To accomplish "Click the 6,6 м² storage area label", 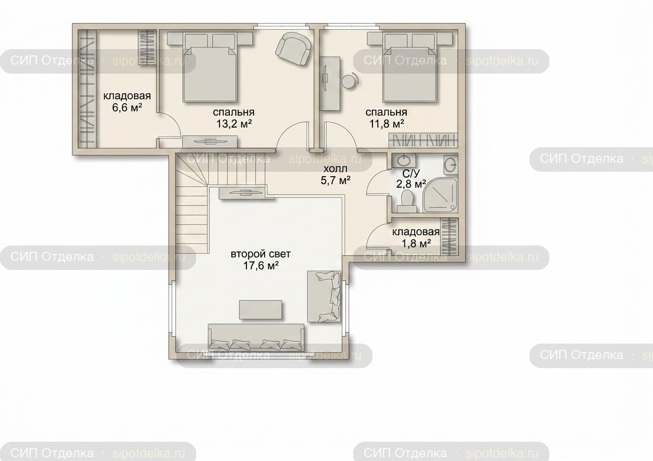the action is point(127,108).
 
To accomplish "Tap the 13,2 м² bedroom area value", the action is point(234,124).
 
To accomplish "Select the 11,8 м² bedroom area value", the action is point(386,124).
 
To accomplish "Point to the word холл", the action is point(336,169).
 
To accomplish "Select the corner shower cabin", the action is point(440,195).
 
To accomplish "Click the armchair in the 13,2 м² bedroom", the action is point(293,49).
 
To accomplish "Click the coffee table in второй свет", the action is point(261,309).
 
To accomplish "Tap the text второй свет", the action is point(261,254).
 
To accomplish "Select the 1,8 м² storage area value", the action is point(416,243).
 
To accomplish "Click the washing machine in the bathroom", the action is point(450,165).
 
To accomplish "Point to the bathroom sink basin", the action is point(404,161).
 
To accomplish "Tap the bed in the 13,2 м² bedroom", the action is point(209,67).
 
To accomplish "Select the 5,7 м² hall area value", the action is point(336,180).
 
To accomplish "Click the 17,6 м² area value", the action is point(261,265).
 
